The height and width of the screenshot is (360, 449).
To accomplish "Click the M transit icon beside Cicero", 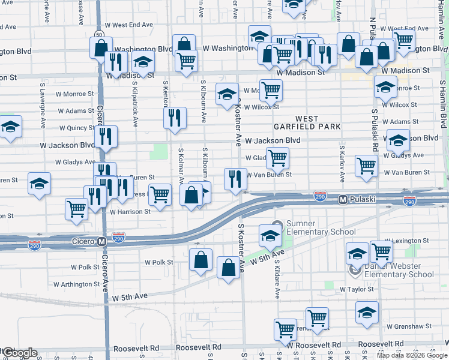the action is click(102, 241).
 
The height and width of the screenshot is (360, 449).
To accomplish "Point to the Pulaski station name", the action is click(363, 199).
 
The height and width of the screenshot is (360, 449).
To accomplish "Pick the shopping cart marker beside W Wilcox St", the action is click(271, 91).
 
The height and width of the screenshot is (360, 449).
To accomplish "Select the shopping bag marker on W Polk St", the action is click(200, 260).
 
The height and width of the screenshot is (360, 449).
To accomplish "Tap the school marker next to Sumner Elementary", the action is click(270, 235).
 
